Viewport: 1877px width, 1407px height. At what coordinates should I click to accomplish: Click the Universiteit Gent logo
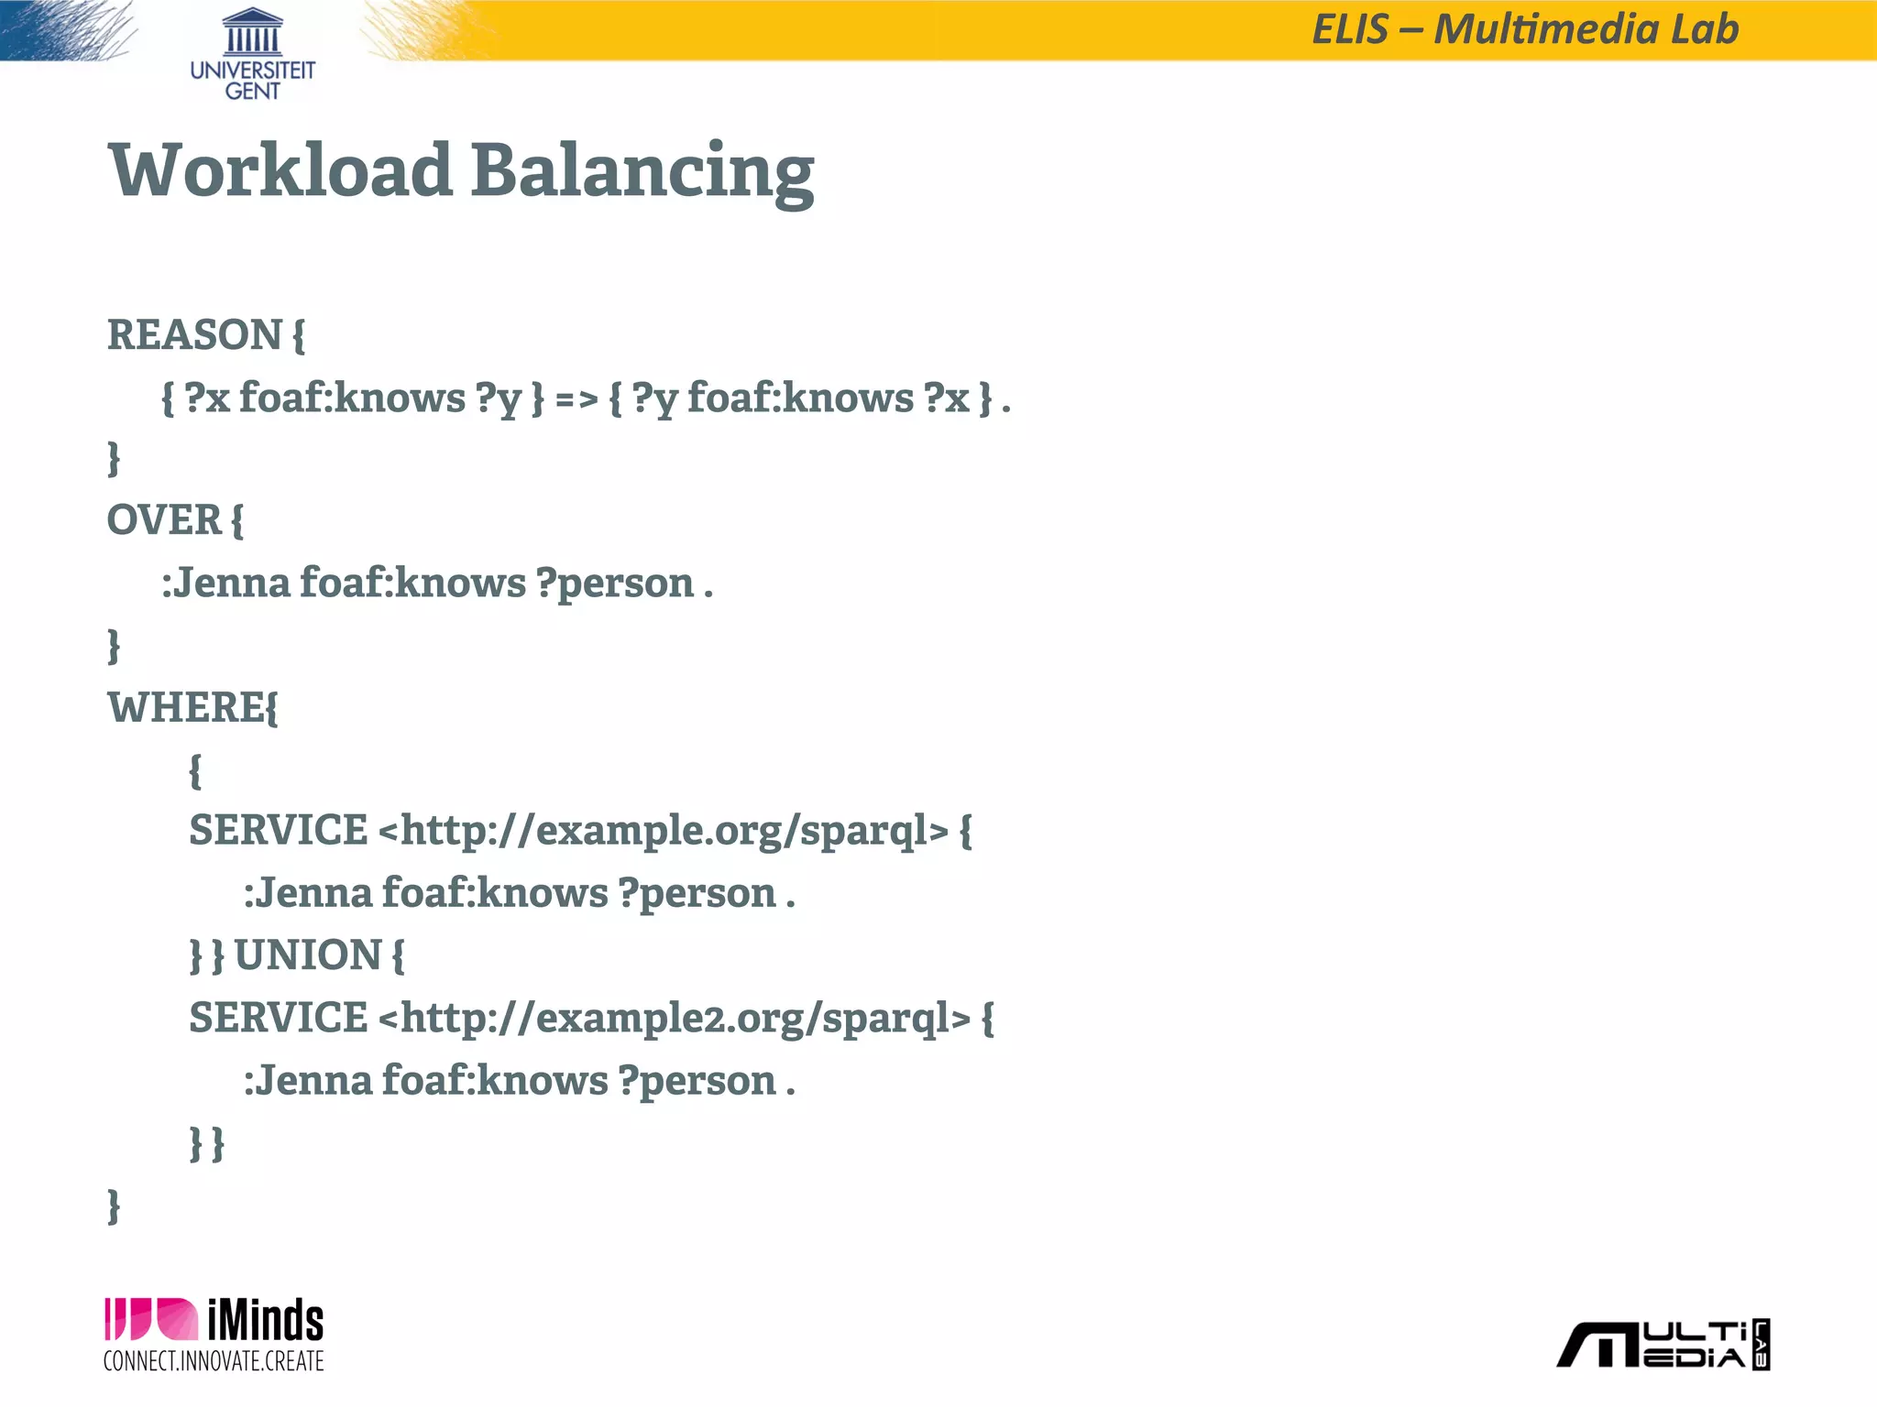pyautogui.click(x=252, y=53)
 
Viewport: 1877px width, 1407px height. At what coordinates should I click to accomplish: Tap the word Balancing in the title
pyautogui.click(x=642, y=172)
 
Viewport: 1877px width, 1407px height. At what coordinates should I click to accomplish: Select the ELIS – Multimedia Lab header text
pyautogui.click(x=1525, y=29)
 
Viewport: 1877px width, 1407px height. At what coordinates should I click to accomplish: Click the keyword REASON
pyautogui.click(x=194, y=334)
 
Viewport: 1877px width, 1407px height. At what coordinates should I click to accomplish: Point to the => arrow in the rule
pyautogui.click(x=576, y=399)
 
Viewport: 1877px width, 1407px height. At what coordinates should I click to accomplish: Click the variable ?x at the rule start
pyautogui.click(x=207, y=399)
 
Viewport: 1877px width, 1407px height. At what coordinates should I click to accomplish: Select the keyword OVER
pyautogui.click(x=164, y=520)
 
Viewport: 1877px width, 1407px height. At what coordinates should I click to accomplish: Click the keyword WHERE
pyautogui.click(x=186, y=707)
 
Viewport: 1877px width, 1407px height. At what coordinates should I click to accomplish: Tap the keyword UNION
pyautogui.click(x=308, y=955)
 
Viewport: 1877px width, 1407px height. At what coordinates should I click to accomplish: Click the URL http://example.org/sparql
pyautogui.click(x=663, y=832)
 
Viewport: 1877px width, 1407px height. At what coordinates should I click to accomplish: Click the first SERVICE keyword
pyautogui.click(x=278, y=831)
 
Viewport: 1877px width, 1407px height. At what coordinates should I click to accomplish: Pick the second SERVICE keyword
pyautogui.click(x=278, y=1018)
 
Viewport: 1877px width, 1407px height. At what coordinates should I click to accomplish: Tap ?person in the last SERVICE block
pyautogui.click(x=697, y=1082)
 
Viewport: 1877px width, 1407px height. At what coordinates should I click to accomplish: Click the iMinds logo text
pyautogui.click(x=265, y=1321)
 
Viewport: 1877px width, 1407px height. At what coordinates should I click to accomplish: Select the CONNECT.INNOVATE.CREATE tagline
pyautogui.click(x=214, y=1361)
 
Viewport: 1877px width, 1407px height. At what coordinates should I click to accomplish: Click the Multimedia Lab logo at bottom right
pyautogui.click(x=1663, y=1345)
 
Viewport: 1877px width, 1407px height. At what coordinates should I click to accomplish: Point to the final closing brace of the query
pyautogui.click(x=114, y=1206)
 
